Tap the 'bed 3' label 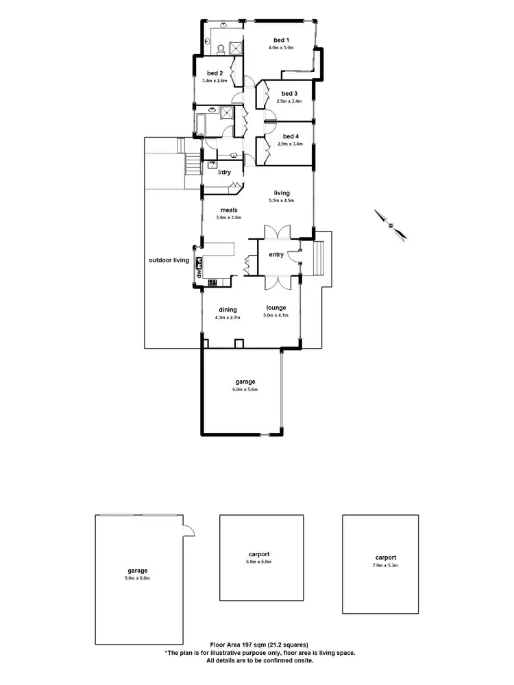pyautogui.click(x=289, y=93)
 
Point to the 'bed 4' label pyautogui.click(x=289, y=136)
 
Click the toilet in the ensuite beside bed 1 pyautogui.click(x=221, y=48)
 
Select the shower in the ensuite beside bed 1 pyautogui.click(x=235, y=47)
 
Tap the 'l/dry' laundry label pyautogui.click(x=224, y=172)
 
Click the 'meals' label pyautogui.click(x=228, y=210)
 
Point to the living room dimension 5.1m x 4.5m pyautogui.click(x=280, y=201)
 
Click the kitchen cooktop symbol pyautogui.click(x=212, y=282)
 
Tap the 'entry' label pyautogui.click(x=276, y=255)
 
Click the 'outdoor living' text pyautogui.click(x=169, y=260)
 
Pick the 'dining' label pyautogui.click(x=228, y=310)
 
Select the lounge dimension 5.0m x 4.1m pyautogui.click(x=276, y=316)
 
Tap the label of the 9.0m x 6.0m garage pyautogui.click(x=137, y=570)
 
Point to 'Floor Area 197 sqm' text pyautogui.click(x=259, y=645)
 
